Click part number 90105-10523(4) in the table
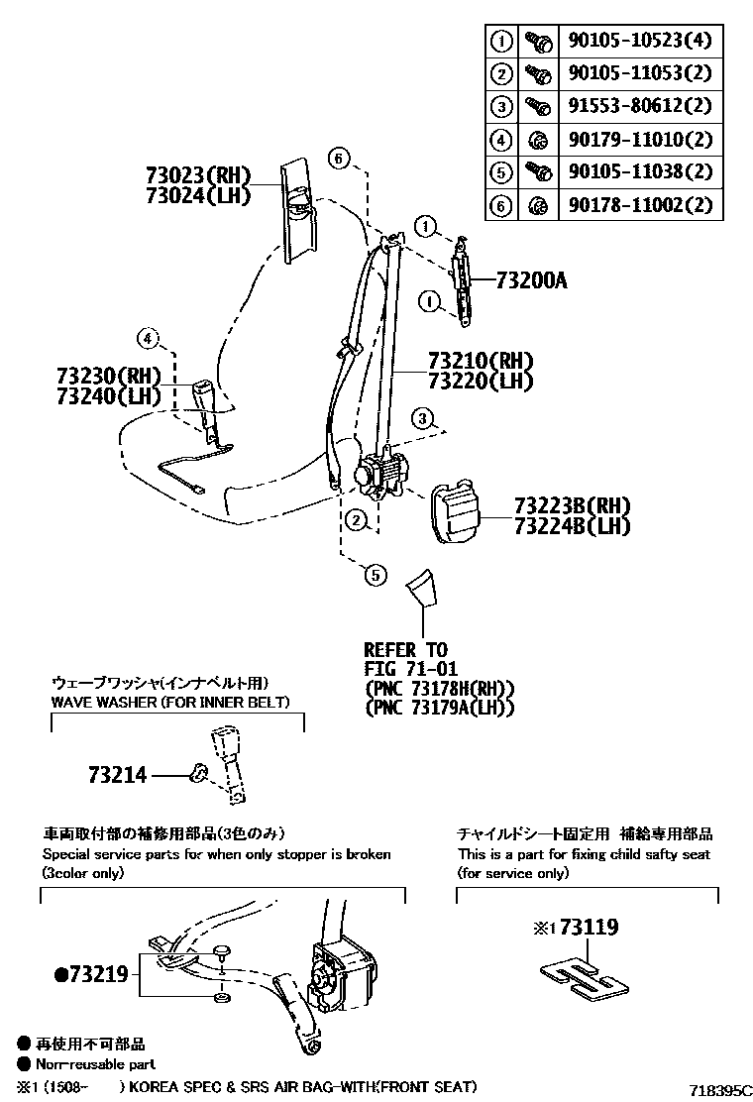(640, 42)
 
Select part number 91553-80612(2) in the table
(640, 106)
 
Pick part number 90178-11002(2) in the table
(640, 205)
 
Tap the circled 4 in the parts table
(501, 140)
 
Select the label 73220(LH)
(481, 382)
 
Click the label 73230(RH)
(109, 376)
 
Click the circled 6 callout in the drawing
(338, 159)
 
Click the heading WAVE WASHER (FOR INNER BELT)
(170, 703)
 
